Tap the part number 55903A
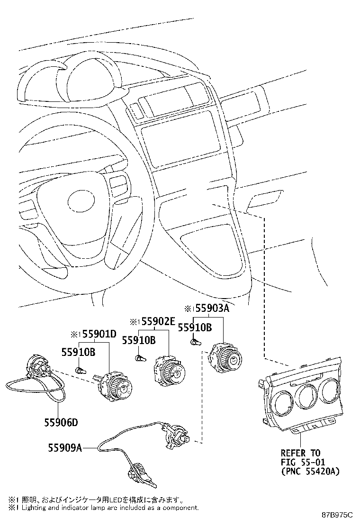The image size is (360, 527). [211, 309]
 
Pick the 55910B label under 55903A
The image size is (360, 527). [194, 327]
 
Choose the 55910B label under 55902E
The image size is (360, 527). [138, 340]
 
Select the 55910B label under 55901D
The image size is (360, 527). [79, 352]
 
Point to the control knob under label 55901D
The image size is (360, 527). [115, 383]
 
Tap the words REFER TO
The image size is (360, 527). [300, 453]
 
